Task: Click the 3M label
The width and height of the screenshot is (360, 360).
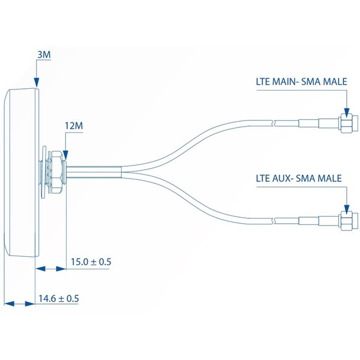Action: pos(44,55)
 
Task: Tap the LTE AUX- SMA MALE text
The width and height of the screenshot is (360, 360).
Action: pos(299,178)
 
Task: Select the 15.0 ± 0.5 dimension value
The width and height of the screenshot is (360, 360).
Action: pos(91,262)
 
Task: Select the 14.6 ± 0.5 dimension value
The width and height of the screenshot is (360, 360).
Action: pos(59,298)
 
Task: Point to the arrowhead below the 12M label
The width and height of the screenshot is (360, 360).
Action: pos(65,154)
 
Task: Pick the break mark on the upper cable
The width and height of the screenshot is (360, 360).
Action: pos(274,124)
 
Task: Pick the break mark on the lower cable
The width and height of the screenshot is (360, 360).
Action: pos(274,221)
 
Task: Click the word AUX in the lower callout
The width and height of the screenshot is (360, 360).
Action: pos(284,178)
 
